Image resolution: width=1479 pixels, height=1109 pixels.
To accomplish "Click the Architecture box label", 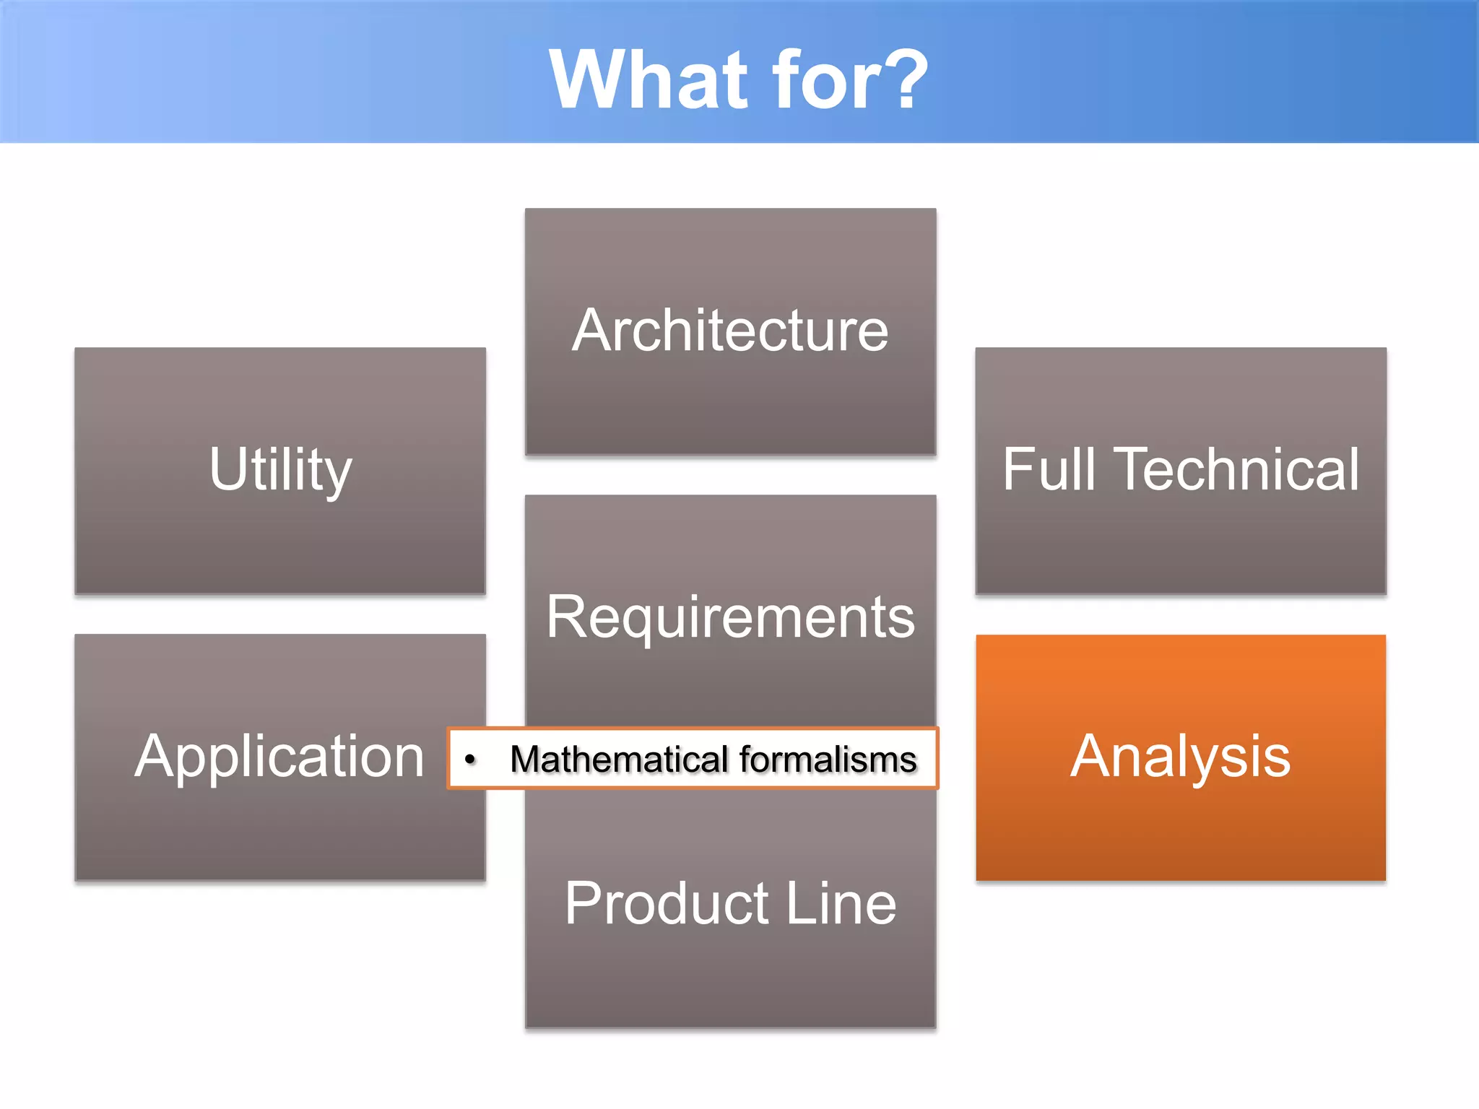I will pyautogui.click(x=730, y=331).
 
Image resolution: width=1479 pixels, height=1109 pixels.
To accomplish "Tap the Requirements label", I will pyautogui.click(x=730, y=617).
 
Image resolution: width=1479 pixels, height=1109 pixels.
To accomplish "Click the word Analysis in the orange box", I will pyautogui.click(x=1180, y=757).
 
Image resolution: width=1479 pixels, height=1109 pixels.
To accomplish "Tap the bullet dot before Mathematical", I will pyautogui.click(x=470, y=760).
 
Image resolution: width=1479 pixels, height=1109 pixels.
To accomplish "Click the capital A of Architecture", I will pyautogui.click(x=593, y=331).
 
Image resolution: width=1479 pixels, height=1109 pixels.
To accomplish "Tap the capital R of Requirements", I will pyautogui.click(x=565, y=617).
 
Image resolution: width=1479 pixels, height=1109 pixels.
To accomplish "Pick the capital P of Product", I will pyautogui.click(x=583, y=904).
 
